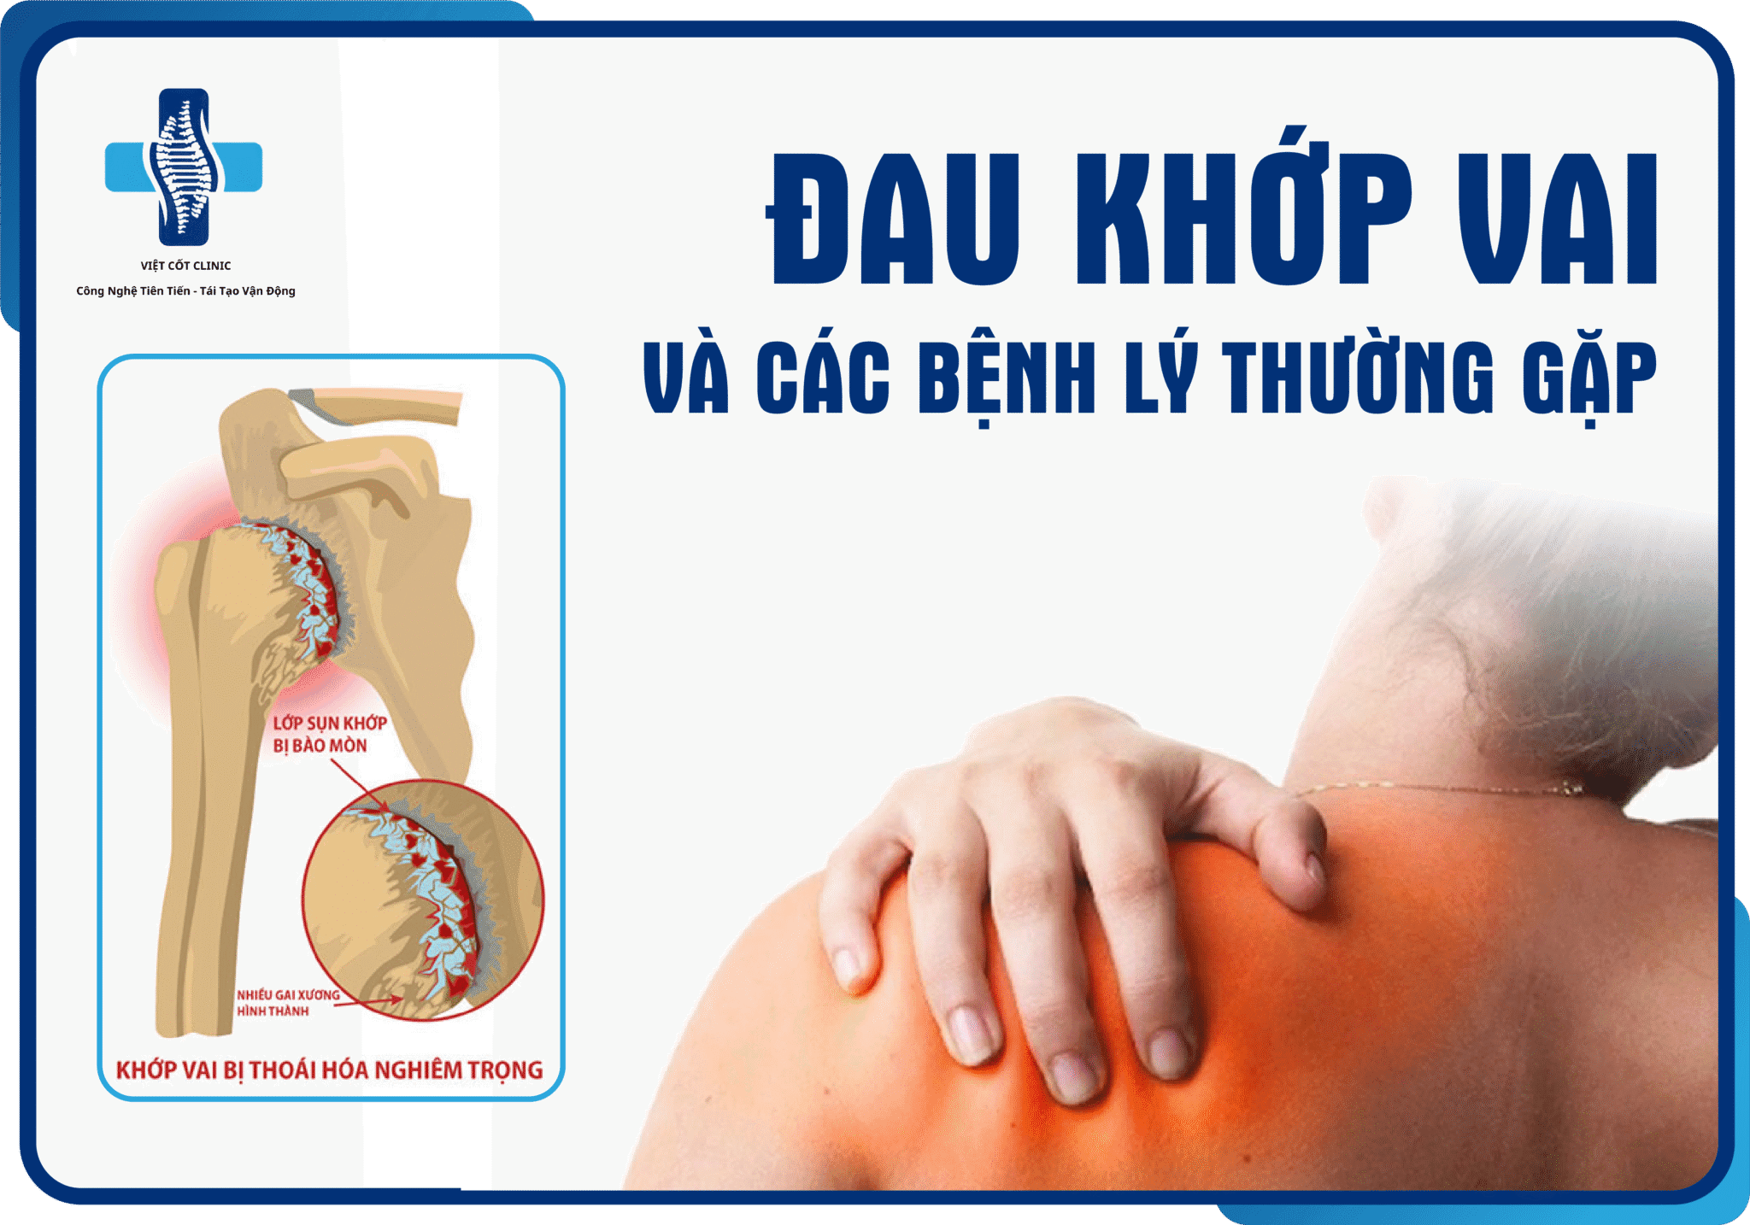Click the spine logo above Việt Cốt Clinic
click(x=184, y=167)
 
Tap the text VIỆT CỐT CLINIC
click(x=185, y=266)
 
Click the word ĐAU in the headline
click(x=894, y=219)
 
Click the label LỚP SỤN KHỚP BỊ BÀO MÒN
click(x=330, y=735)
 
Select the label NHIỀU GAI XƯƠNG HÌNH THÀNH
click(x=289, y=1003)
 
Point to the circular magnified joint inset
click(x=423, y=900)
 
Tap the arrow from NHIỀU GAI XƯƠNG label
click(x=369, y=1001)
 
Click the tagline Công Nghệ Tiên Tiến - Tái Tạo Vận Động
click(x=186, y=291)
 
